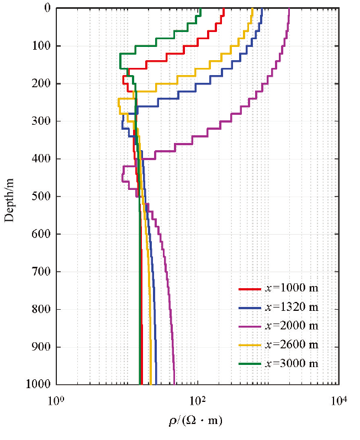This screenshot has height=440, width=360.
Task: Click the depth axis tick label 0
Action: (x=47, y=8)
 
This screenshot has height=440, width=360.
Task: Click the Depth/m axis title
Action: (x=9, y=197)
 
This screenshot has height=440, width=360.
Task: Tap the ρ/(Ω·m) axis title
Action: (x=195, y=422)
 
